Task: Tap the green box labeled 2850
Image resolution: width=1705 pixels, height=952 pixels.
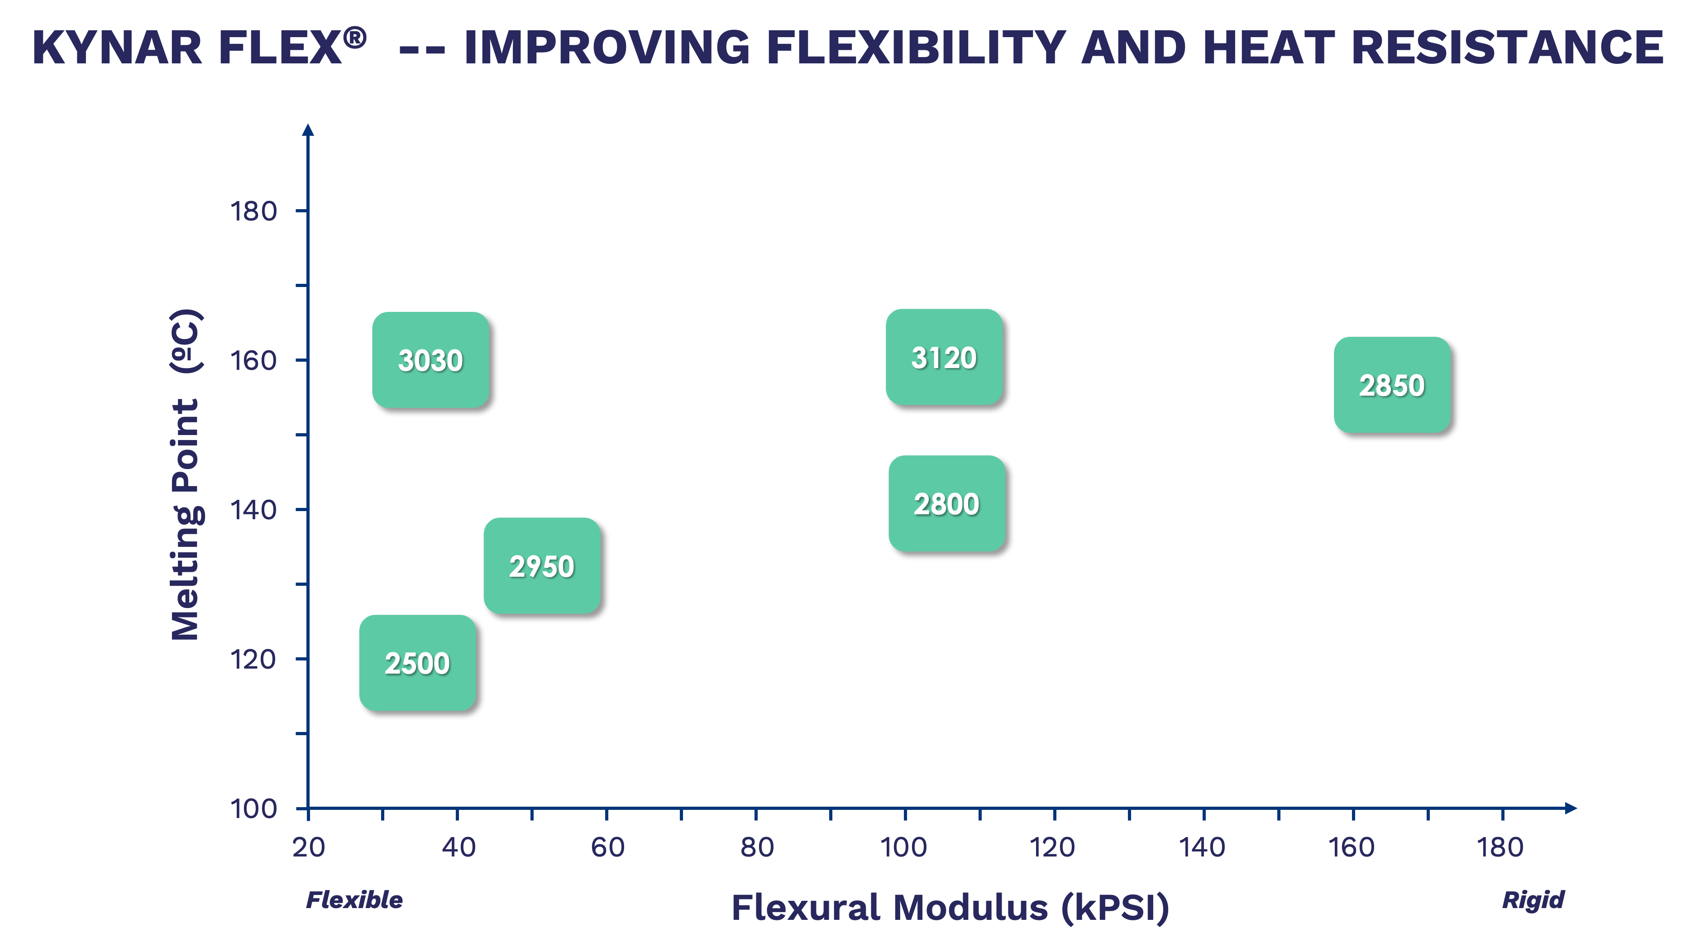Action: [1392, 385]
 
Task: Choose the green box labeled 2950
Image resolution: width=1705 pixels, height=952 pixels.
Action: [541, 565]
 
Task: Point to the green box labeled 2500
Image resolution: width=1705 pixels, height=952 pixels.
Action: [417, 663]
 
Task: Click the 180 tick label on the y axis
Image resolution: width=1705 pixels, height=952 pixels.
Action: [253, 212]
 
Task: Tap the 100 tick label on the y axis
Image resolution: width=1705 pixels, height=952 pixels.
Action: [253, 809]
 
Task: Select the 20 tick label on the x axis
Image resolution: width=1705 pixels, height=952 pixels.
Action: [308, 847]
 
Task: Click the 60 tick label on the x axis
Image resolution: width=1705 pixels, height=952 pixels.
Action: [607, 847]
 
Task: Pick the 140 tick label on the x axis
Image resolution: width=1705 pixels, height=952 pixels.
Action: [1202, 847]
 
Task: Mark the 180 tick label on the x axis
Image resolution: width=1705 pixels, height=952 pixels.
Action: [1500, 847]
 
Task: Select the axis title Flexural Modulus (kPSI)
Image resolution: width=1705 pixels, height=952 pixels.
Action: [950, 907]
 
